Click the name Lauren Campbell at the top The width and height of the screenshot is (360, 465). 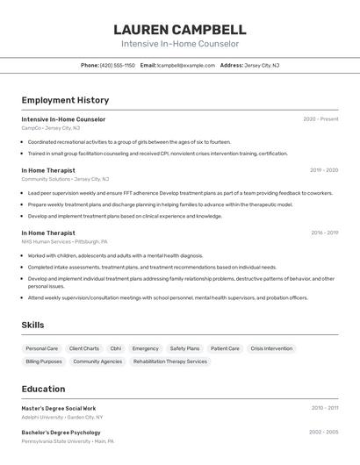click(179, 29)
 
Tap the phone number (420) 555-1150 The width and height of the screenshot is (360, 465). click(118, 65)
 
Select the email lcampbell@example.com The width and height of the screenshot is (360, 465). click(185, 65)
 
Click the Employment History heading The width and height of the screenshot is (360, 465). click(65, 100)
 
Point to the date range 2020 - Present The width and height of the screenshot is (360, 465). click(320, 119)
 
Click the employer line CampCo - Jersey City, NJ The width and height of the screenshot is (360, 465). click(50, 128)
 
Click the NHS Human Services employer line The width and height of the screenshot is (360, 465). click(64, 241)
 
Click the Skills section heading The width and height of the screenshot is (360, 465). click(32, 325)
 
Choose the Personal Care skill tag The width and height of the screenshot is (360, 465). click(41, 348)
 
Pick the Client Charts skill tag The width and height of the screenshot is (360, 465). click(83, 348)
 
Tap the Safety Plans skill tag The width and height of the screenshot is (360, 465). click(184, 348)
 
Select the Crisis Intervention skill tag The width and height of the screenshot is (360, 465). click(271, 348)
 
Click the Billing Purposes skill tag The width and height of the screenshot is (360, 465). click(44, 361)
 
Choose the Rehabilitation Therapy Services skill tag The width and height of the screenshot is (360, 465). click(170, 361)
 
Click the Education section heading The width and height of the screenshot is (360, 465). click(43, 389)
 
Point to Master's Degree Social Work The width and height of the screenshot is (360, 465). click(59, 408)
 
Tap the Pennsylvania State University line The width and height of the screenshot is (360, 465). click(68, 441)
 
